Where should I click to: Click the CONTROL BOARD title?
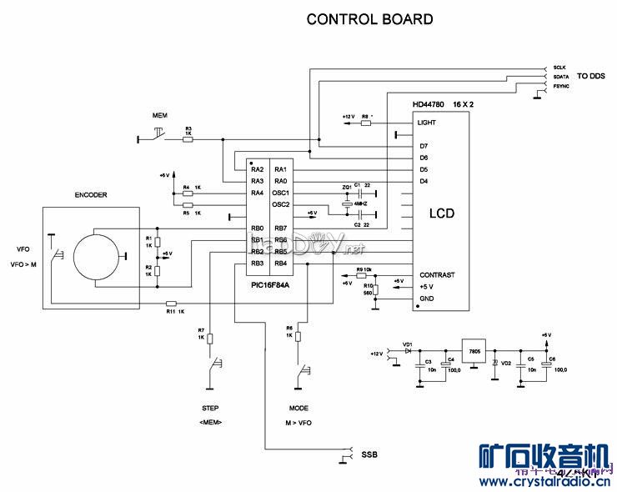coord(369,19)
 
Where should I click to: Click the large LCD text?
coord(441,213)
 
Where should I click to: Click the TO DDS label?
coord(591,76)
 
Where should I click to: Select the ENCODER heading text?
coord(91,195)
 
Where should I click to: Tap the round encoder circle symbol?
coord(97,255)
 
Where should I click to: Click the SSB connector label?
coord(368,454)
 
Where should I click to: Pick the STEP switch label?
coord(210,409)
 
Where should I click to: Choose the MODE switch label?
coord(298,409)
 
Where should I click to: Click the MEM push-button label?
coord(159,113)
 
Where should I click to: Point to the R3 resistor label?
coord(188,128)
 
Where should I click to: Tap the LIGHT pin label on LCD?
coord(426,123)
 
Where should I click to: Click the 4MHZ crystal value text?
coord(361,203)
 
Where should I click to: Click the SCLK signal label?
coord(559,66)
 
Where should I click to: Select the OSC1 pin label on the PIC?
coord(280,193)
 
